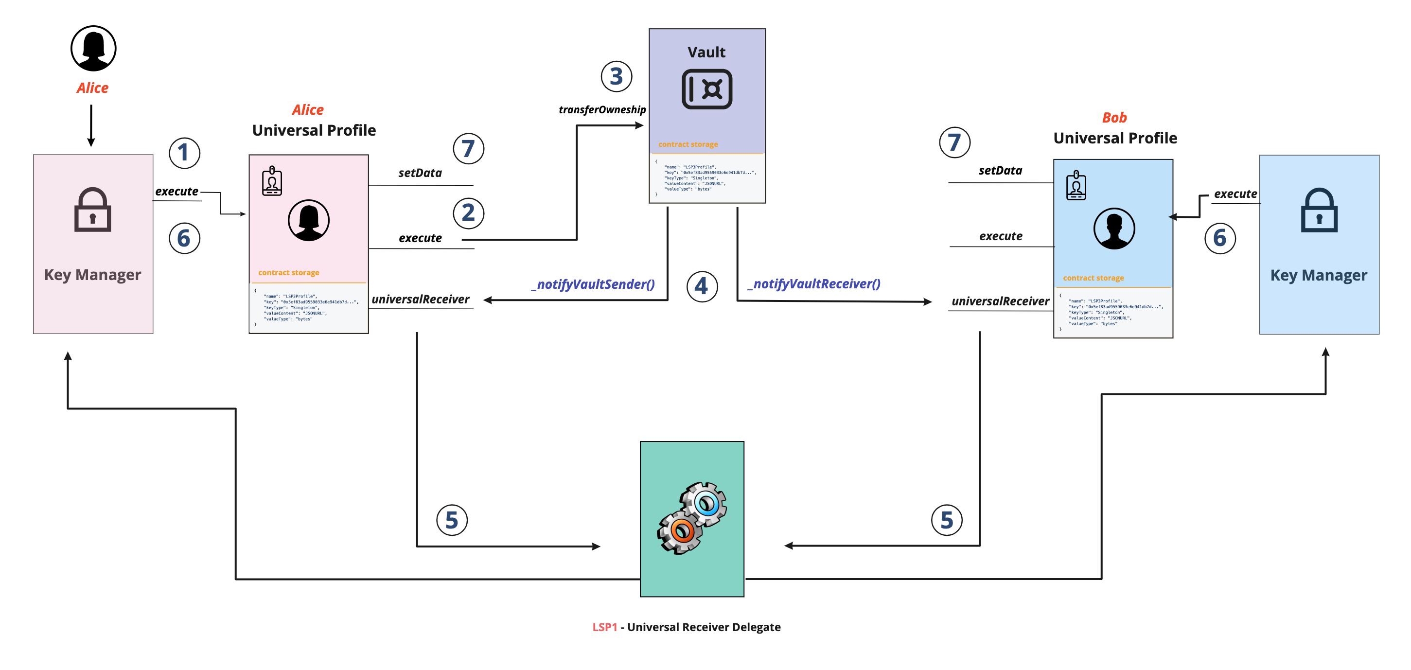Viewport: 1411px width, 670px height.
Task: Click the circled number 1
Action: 184,153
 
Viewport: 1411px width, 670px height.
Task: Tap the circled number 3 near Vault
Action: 616,76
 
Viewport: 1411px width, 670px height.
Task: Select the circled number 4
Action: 702,286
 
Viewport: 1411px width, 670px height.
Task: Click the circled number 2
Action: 468,212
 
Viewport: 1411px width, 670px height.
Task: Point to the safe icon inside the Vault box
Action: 706,89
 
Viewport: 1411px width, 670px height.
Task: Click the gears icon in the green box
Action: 692,518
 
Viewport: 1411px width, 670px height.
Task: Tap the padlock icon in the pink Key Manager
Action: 92,211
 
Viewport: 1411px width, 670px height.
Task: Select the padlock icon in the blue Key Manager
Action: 1319,211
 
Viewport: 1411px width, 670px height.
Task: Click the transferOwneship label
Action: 602,109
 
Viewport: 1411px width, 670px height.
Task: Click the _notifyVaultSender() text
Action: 593,284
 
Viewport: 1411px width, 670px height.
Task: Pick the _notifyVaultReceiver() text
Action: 814,284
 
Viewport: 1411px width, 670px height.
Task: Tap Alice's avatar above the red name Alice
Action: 93,48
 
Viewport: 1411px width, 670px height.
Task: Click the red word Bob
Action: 1114,118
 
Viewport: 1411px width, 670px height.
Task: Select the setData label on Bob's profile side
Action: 1000,170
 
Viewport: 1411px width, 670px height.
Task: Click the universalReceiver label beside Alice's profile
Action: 420,299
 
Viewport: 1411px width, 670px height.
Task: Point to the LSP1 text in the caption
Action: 604,627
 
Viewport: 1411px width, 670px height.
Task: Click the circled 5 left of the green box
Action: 451,520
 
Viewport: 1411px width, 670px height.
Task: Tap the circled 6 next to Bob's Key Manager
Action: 1220,238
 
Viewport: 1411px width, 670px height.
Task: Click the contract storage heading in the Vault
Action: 688,144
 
